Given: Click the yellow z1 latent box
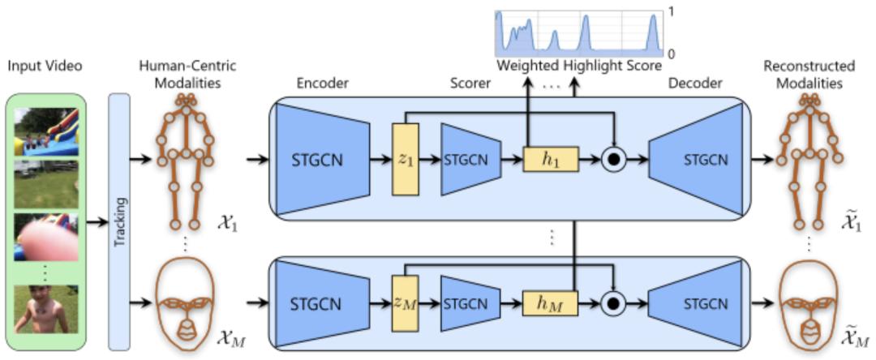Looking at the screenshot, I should tap(402, 160).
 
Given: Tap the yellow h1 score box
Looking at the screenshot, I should tap(552, 160).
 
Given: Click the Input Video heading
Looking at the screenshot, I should tap(45, 66).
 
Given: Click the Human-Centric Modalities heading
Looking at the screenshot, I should tap(189, 74).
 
